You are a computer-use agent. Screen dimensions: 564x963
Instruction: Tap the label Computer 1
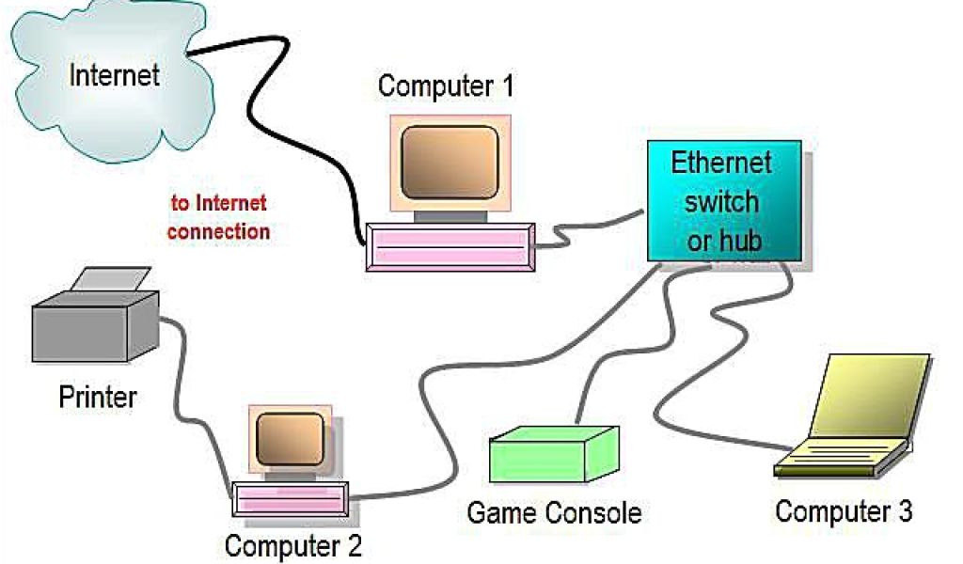446,86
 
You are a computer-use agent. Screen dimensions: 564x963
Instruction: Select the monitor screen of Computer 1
449,162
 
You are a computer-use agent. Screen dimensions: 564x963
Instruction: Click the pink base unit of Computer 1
450,247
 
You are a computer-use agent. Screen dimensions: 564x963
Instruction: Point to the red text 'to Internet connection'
218,217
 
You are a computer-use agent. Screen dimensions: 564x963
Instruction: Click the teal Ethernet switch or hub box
724,200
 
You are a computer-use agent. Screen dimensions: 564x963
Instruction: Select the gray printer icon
94,324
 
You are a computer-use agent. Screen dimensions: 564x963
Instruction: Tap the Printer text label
97,397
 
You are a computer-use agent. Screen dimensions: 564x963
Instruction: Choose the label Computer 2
292,544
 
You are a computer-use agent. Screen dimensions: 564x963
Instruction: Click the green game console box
553,456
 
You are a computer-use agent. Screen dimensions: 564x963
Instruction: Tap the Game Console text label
554,513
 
